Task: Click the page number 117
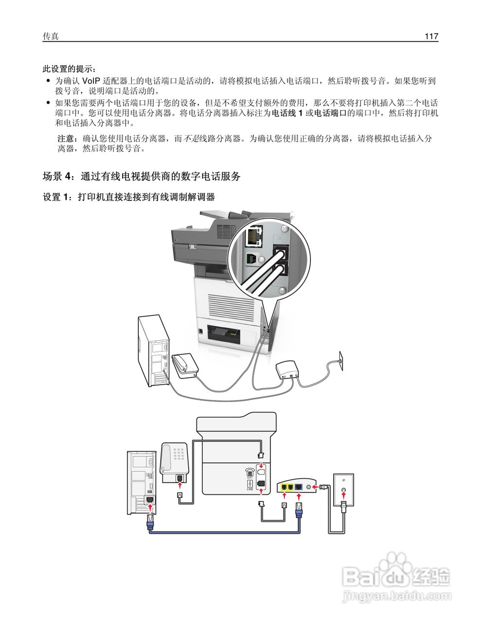click(431, 37)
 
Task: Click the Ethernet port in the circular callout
click(253, 237)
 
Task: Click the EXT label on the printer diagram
click(249, 477)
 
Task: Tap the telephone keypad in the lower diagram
click(179, 454)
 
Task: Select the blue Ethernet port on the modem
click(298, 486)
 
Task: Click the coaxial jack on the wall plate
click(344, 491)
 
